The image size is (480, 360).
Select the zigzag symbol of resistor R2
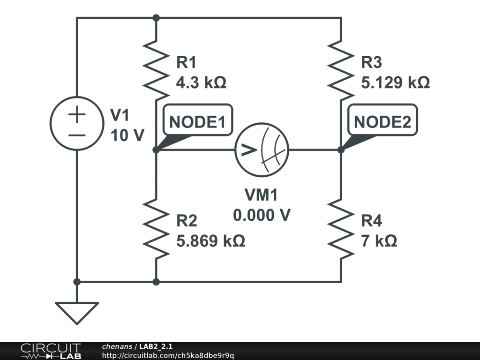156,228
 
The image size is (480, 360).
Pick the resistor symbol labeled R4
341,228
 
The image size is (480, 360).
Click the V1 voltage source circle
77,123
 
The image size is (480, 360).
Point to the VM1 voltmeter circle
262,150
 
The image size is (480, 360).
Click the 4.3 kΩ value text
201,83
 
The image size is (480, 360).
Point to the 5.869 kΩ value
210,241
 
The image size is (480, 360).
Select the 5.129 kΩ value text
395,83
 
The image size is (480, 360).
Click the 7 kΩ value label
379,241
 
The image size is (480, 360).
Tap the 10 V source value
127,135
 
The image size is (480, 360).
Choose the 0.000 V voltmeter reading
262,215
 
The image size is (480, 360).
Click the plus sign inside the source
77,114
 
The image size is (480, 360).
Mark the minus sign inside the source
77,135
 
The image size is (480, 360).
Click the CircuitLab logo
51,351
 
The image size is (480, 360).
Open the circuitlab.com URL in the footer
168,355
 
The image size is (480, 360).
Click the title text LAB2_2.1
156,346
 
